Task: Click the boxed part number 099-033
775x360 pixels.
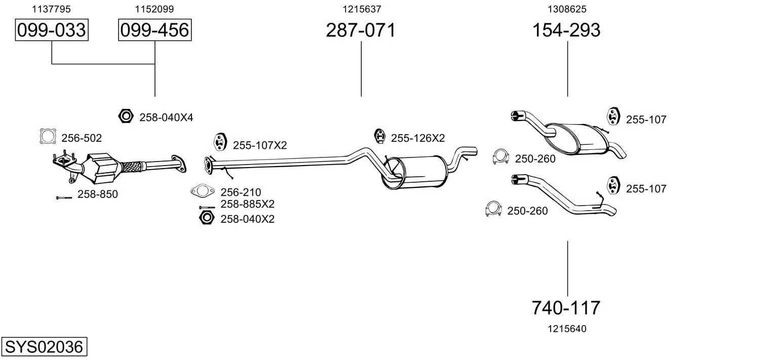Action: coord(52,30)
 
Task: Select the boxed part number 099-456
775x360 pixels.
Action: coord(155,30)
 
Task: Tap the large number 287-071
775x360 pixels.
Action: coord(361,30)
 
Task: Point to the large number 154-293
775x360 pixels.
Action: coord(567,30)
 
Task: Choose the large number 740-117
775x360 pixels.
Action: coord(567,307)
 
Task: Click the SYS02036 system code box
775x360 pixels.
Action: coord(44,347)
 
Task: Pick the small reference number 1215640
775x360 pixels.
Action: coord(567,329)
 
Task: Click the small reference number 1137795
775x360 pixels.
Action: coord(51,9)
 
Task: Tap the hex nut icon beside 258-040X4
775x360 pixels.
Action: coord(126,116)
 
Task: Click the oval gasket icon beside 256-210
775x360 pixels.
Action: coord(202,191)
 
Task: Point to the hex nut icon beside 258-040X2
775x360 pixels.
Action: coord(206,218)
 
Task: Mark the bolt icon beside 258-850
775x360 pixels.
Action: coord(64,197)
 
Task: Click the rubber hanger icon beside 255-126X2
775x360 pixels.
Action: coord(379,136)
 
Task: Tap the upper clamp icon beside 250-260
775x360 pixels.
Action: coord(500,157)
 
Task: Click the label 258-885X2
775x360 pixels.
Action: coord(247,205)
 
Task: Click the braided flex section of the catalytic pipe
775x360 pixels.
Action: coord(131,166)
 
